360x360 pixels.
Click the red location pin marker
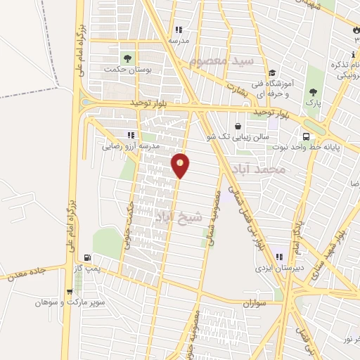click(x=181, y=165)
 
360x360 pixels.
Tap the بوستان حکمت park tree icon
click(x=127, y=58)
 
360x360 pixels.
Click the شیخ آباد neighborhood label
click(x=179, y=216)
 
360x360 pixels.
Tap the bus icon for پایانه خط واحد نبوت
click(x=306, y=136)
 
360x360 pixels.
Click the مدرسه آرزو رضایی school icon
click(x=130, y=134)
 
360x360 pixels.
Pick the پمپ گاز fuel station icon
click(x=86, y=258)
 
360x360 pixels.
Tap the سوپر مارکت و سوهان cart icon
click(x=69, y=292)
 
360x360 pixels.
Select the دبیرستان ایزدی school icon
click(x=280, y=257)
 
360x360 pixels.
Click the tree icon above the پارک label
click(x=312, y=91)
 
